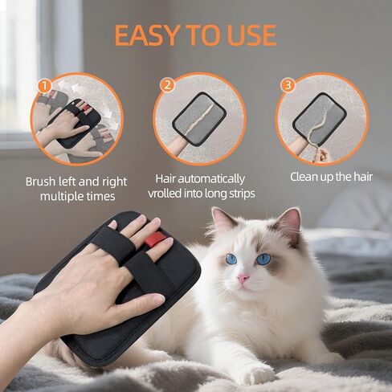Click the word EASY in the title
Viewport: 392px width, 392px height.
(146, 35)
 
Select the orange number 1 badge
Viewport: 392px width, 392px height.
(45, 86)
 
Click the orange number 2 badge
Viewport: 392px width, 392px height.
(167, 86)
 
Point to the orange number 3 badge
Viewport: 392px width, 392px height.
(288, 85)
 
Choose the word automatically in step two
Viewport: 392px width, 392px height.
(211, 179)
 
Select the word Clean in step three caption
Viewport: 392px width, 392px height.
(304, 177)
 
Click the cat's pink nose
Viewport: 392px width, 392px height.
(243, 279)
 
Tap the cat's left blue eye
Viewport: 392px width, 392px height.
(231, 259)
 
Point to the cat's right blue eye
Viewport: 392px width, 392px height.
(263, 259)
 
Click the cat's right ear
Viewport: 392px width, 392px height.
(288, 227)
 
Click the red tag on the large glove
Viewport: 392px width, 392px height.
(155, 239)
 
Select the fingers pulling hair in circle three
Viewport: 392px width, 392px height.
(321, 155)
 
